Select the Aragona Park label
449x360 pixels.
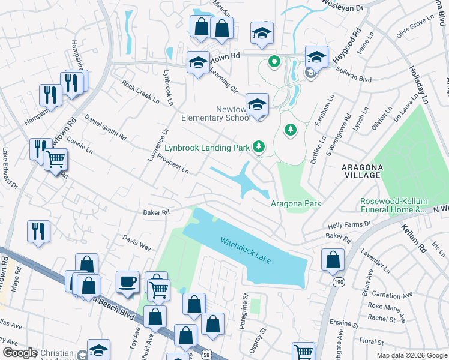coord(295,203)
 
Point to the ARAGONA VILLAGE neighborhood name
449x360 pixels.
coord(362,170)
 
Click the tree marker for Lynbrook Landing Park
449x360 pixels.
coord(259,146)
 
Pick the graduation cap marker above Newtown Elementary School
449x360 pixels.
coord(256,103)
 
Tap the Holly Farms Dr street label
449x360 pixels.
coord(350,224)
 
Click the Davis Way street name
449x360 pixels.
coord(137,242)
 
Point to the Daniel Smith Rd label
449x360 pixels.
coord(105,127)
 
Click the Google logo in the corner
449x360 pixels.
coord(20,353)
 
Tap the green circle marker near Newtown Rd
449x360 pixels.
coord(274,61)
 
